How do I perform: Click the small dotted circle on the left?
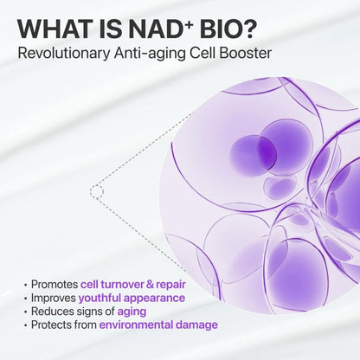pyautogui.click(x=97, y=190)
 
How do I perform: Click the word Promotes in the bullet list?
pyautogui.click(x=53, y=284)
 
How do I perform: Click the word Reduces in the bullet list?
pyautogui.click(x=51, y=312)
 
